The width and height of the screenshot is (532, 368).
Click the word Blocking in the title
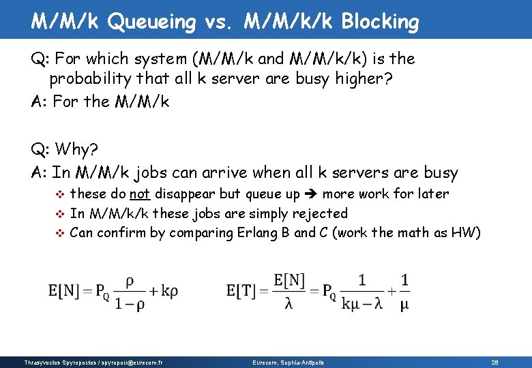[380, 22]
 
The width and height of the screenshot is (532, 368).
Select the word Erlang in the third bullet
[258, 232]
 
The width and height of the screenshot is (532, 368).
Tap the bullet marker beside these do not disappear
[59, 195]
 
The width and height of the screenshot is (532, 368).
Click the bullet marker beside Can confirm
[59, 233]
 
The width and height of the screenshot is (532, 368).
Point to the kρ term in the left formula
[168, 291]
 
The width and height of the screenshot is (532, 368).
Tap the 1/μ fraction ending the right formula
[404, 291]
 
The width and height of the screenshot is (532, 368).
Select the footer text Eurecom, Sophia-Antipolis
[289, 362]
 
